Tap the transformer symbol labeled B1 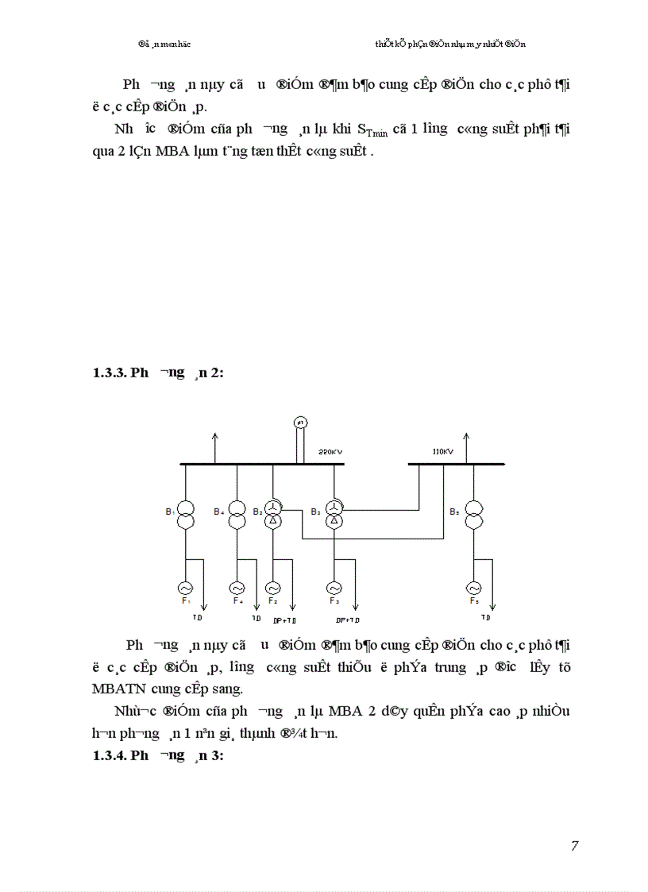click(x=185, y=515)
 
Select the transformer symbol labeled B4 click(x=237, y=515)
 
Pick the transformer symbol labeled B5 click(x=474, y=515)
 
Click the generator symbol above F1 click(x=185, y=588)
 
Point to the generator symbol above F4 click(x=237, y=588)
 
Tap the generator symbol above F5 click(x=474, y=588)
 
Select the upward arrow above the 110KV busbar click(x=466, y=437)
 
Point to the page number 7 click(x=574, y=846)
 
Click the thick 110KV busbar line click(x=457, y=463)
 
